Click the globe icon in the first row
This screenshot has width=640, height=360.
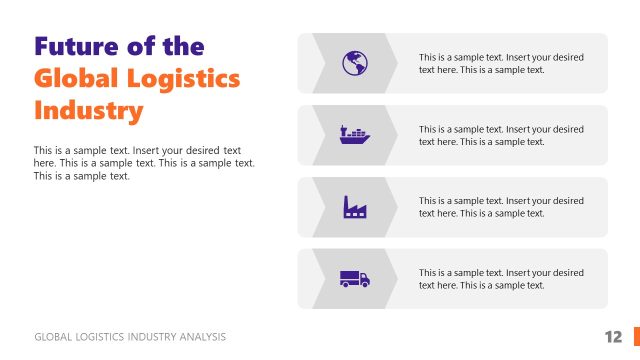(354, 63)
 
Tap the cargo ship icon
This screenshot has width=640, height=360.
(354, 135)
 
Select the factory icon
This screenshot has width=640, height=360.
(354, 207)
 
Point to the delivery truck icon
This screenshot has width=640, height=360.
(354, 278)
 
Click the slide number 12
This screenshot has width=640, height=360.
(613, 337)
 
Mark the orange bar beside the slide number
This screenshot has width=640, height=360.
(636, 337)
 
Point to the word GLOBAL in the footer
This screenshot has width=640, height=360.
(52, 337)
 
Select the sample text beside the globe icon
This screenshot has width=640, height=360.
(501, 63)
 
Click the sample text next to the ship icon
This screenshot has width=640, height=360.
(501, 135)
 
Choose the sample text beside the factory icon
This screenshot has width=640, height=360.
(501, 207)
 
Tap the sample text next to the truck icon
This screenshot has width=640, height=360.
(501, 278)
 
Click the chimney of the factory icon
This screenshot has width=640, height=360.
(347, 201)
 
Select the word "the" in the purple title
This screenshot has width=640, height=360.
(182, 46)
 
